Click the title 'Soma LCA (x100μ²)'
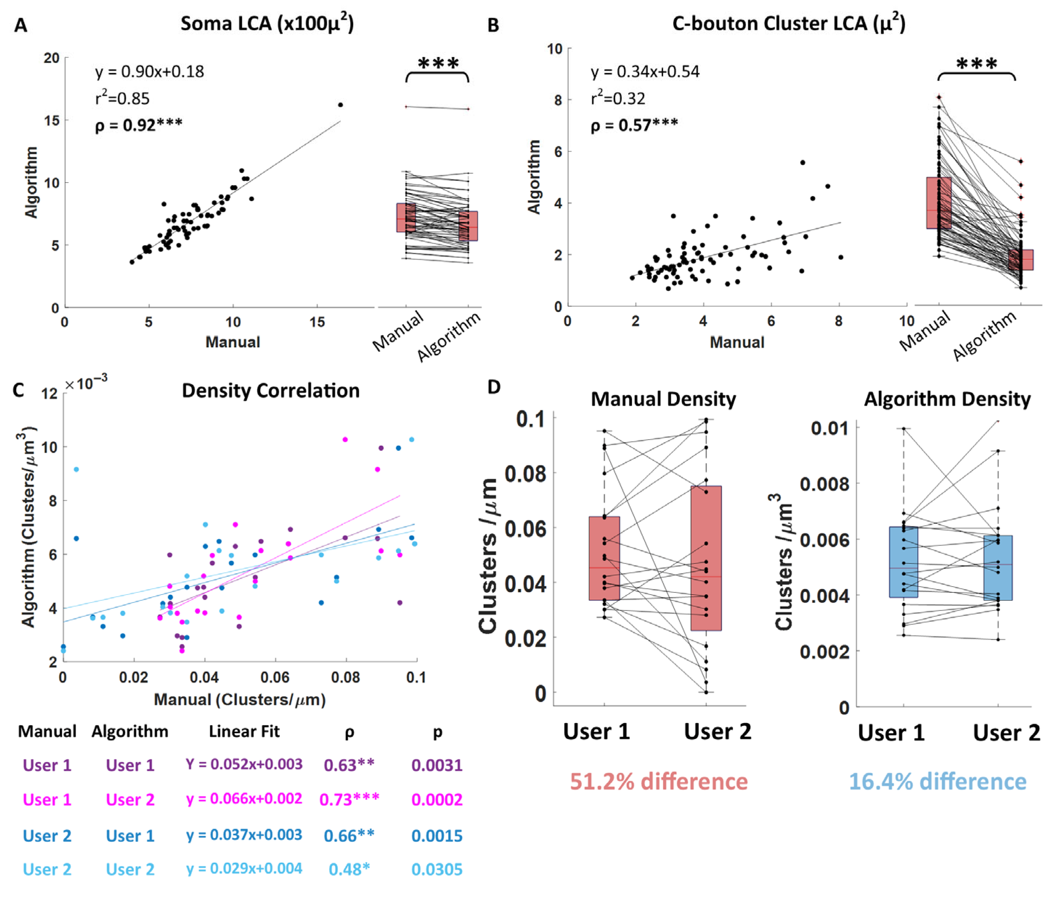click(x=267, y=24)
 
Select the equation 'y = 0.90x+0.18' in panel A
click(x=149, y=72)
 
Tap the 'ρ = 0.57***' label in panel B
click(x=634, y=125)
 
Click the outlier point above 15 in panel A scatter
click(x=340, y=105)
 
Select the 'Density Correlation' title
click(x=270, y=391)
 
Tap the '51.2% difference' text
click(x=658, y=781)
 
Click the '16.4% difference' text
click(x=937, y=781)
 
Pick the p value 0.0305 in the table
click(x=437, y=869)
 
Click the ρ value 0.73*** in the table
click(x=349, y=799)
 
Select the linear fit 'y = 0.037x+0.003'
click(x=244, y=835)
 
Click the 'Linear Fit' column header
click(x=244, y=731)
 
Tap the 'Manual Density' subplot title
click(x=663, y=399)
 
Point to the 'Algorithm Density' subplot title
click(x=947, y=399)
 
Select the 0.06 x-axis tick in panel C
click(x=275, y=678)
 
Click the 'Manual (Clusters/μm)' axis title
click(x=239, y=699)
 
